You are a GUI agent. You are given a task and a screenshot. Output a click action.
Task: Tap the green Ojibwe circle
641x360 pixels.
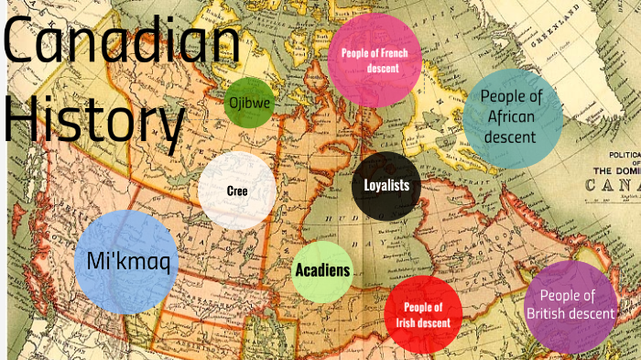(x=249, y=104)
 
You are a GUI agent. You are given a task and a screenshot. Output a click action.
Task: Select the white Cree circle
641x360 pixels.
(x=237, y=191)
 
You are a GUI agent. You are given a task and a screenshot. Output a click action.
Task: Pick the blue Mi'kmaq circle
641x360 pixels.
(x=125, y=262)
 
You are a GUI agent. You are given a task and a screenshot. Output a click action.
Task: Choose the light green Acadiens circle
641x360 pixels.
(x=321, y=271)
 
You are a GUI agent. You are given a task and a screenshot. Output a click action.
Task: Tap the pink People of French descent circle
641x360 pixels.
(x=375, y=60)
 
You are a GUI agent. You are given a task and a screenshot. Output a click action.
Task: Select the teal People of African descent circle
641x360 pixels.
(x=512, y=117)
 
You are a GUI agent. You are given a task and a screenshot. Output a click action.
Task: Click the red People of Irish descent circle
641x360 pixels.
(x=423, y=314)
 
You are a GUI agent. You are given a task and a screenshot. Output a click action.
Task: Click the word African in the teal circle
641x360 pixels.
(x=512, y=117)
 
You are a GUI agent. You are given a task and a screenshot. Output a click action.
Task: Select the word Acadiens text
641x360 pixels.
(x=321, y=271)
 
